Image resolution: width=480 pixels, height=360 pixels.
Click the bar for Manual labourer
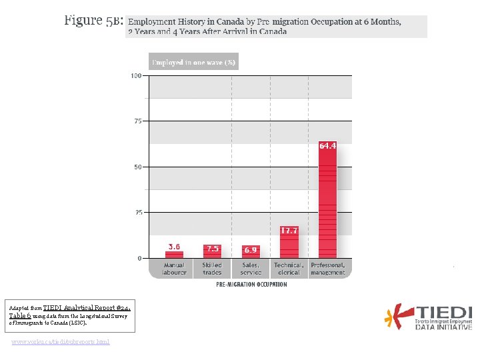[x=174, y=253]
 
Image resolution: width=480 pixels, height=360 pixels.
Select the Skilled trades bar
[x=212, y=253]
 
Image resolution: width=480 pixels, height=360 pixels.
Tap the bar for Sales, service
[x=251, y=253]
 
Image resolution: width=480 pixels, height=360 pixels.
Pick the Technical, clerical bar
[x=289, y=245]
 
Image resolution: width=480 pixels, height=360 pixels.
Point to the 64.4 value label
[x=327, y=145]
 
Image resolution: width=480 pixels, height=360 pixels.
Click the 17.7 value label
[x=289, y=230]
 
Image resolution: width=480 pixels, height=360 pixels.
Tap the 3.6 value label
[x=174, y=247]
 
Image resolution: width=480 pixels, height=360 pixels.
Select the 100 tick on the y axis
[x=135, y=76]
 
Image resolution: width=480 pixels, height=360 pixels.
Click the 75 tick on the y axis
[x=137, y=121]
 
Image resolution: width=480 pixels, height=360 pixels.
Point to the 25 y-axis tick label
[x=137, y=213]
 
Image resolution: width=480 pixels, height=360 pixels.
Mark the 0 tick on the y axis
[x=139, y=258]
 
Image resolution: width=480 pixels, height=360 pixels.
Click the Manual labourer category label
[x=174, y=269]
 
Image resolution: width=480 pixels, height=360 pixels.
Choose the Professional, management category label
[x=328, y=269]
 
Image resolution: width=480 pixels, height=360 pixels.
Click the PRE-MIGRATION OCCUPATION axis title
[x=251, y=285]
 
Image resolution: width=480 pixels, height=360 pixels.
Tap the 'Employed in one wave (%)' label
[x=193, y=63]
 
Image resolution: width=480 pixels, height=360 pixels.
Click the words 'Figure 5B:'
[x=93, y=20]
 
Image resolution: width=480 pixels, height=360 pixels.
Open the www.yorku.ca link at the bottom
[x=61, y=342]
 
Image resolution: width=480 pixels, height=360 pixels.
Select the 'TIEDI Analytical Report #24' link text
[x=86, y=309]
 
